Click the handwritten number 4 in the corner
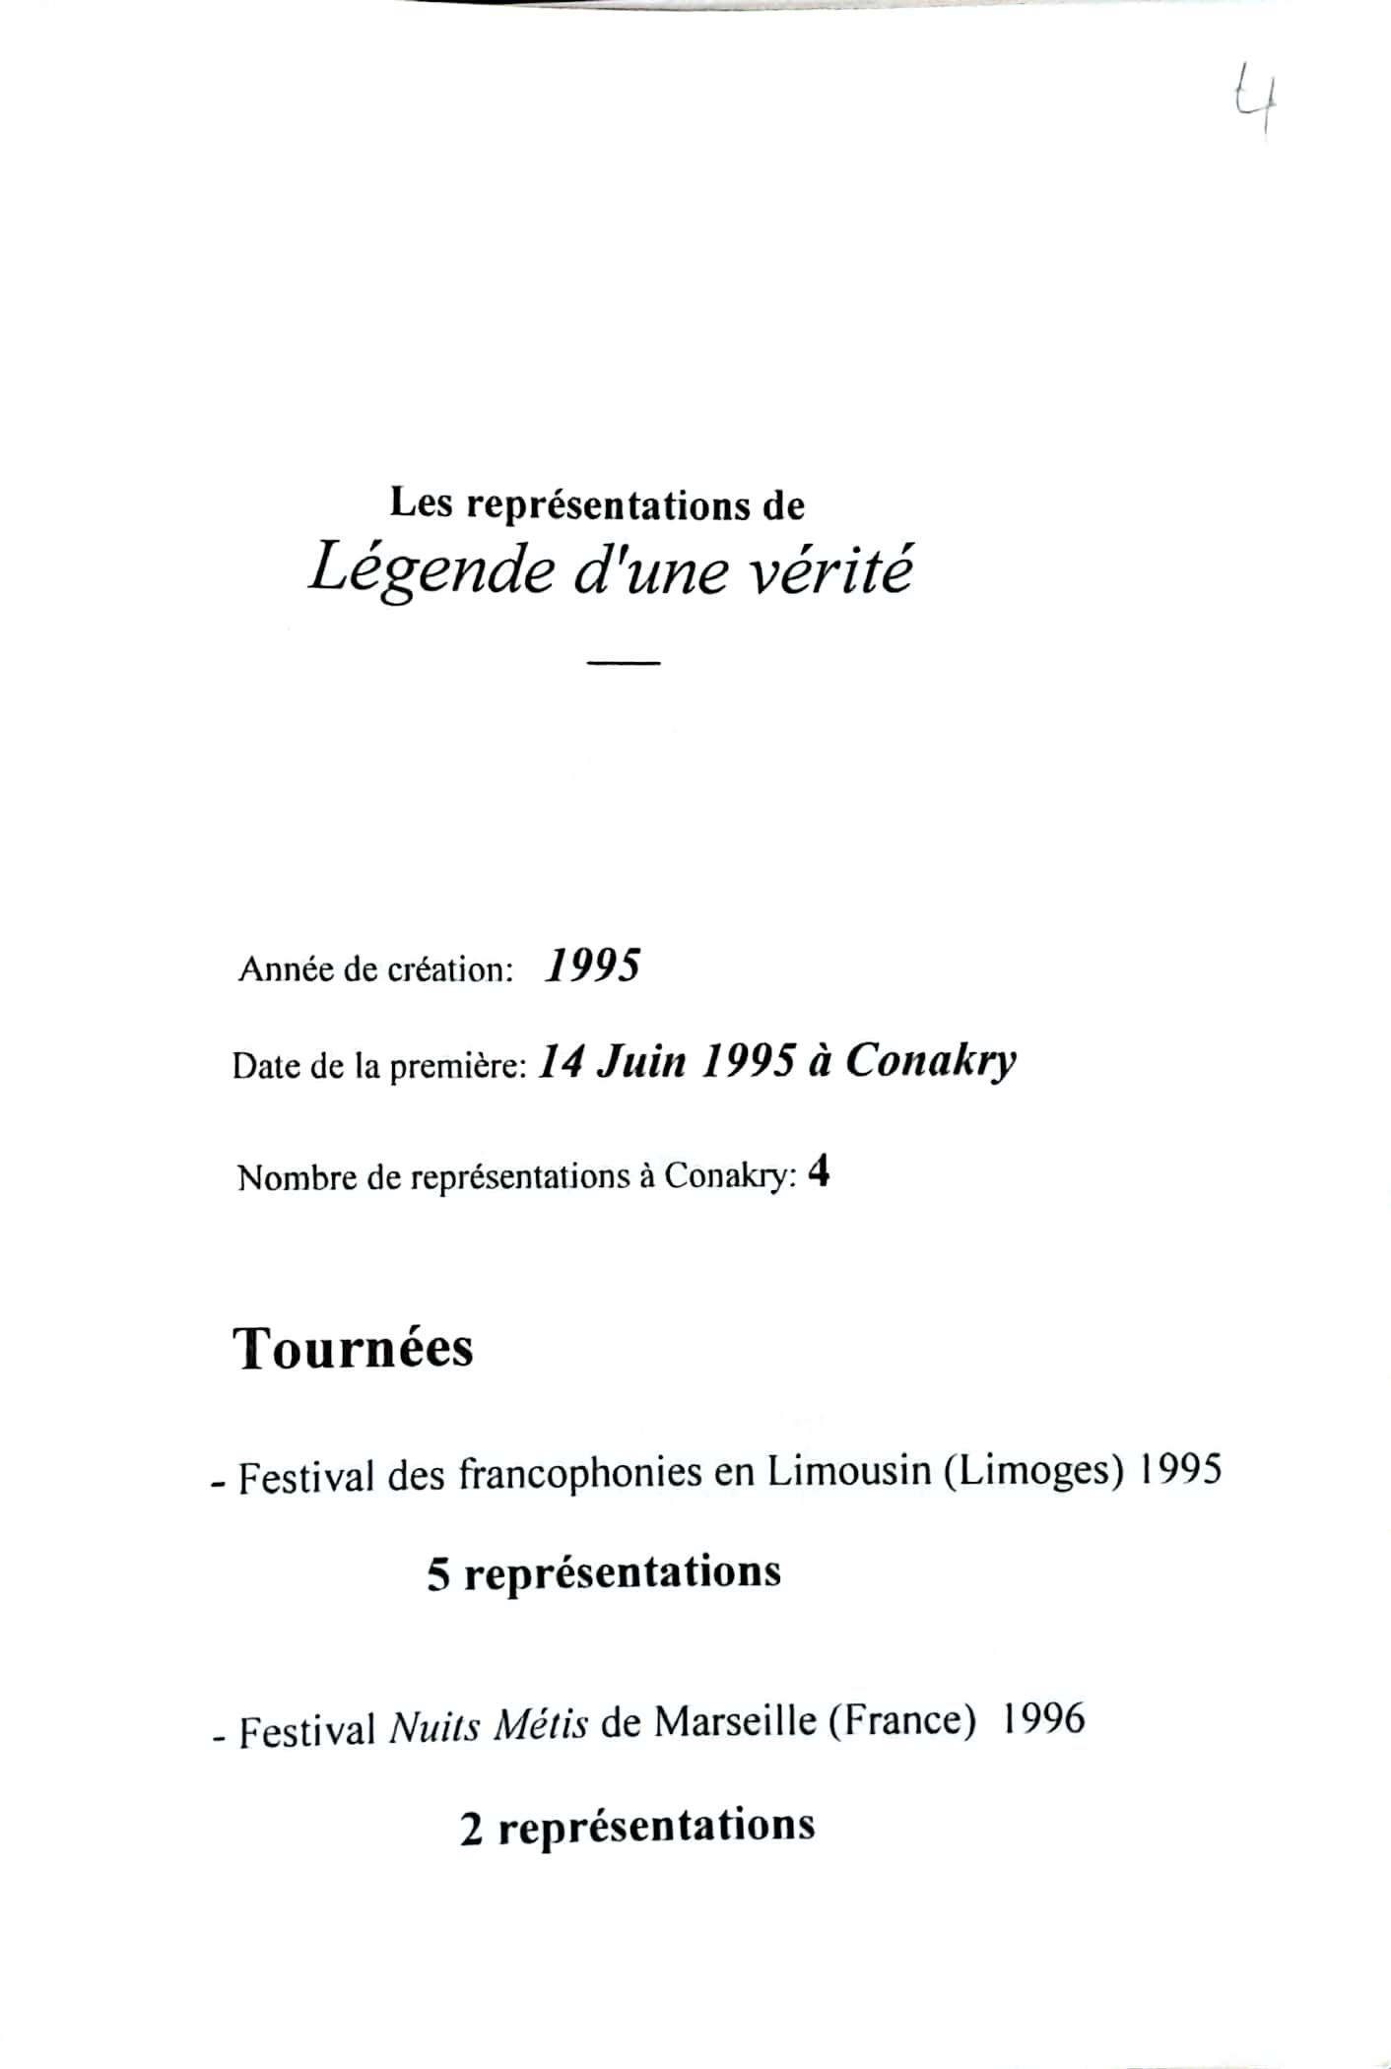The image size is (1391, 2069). (1257, 99)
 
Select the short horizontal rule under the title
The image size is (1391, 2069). (623, 663)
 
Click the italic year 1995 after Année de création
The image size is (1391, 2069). (592, 966)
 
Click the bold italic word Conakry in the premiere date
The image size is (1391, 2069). (931, 1061)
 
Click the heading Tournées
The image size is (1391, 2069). (354, 1348)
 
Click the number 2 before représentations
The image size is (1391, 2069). (472, 1831)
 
